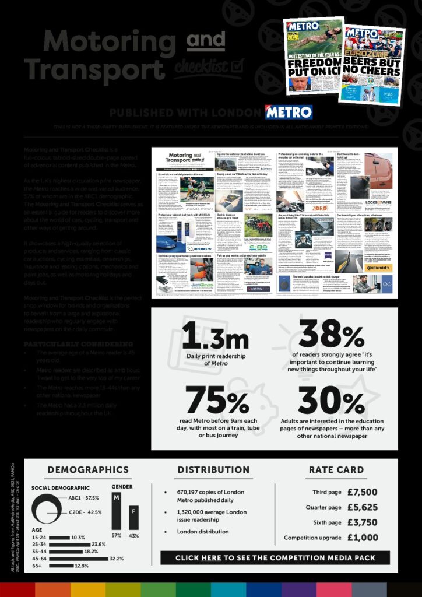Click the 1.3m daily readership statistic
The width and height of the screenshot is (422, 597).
[208, 339]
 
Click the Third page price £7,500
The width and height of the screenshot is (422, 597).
[362, 492]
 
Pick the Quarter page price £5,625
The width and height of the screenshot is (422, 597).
[362, 507]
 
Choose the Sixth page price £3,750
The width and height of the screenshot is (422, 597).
[362, 522]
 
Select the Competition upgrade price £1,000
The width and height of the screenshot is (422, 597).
[362, 538]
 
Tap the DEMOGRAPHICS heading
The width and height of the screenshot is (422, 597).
[88, 469]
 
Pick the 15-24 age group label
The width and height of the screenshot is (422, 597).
[39, 537]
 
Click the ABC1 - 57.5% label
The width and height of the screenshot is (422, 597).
[85, 498]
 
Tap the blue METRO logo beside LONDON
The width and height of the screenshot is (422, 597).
[289, 112]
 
